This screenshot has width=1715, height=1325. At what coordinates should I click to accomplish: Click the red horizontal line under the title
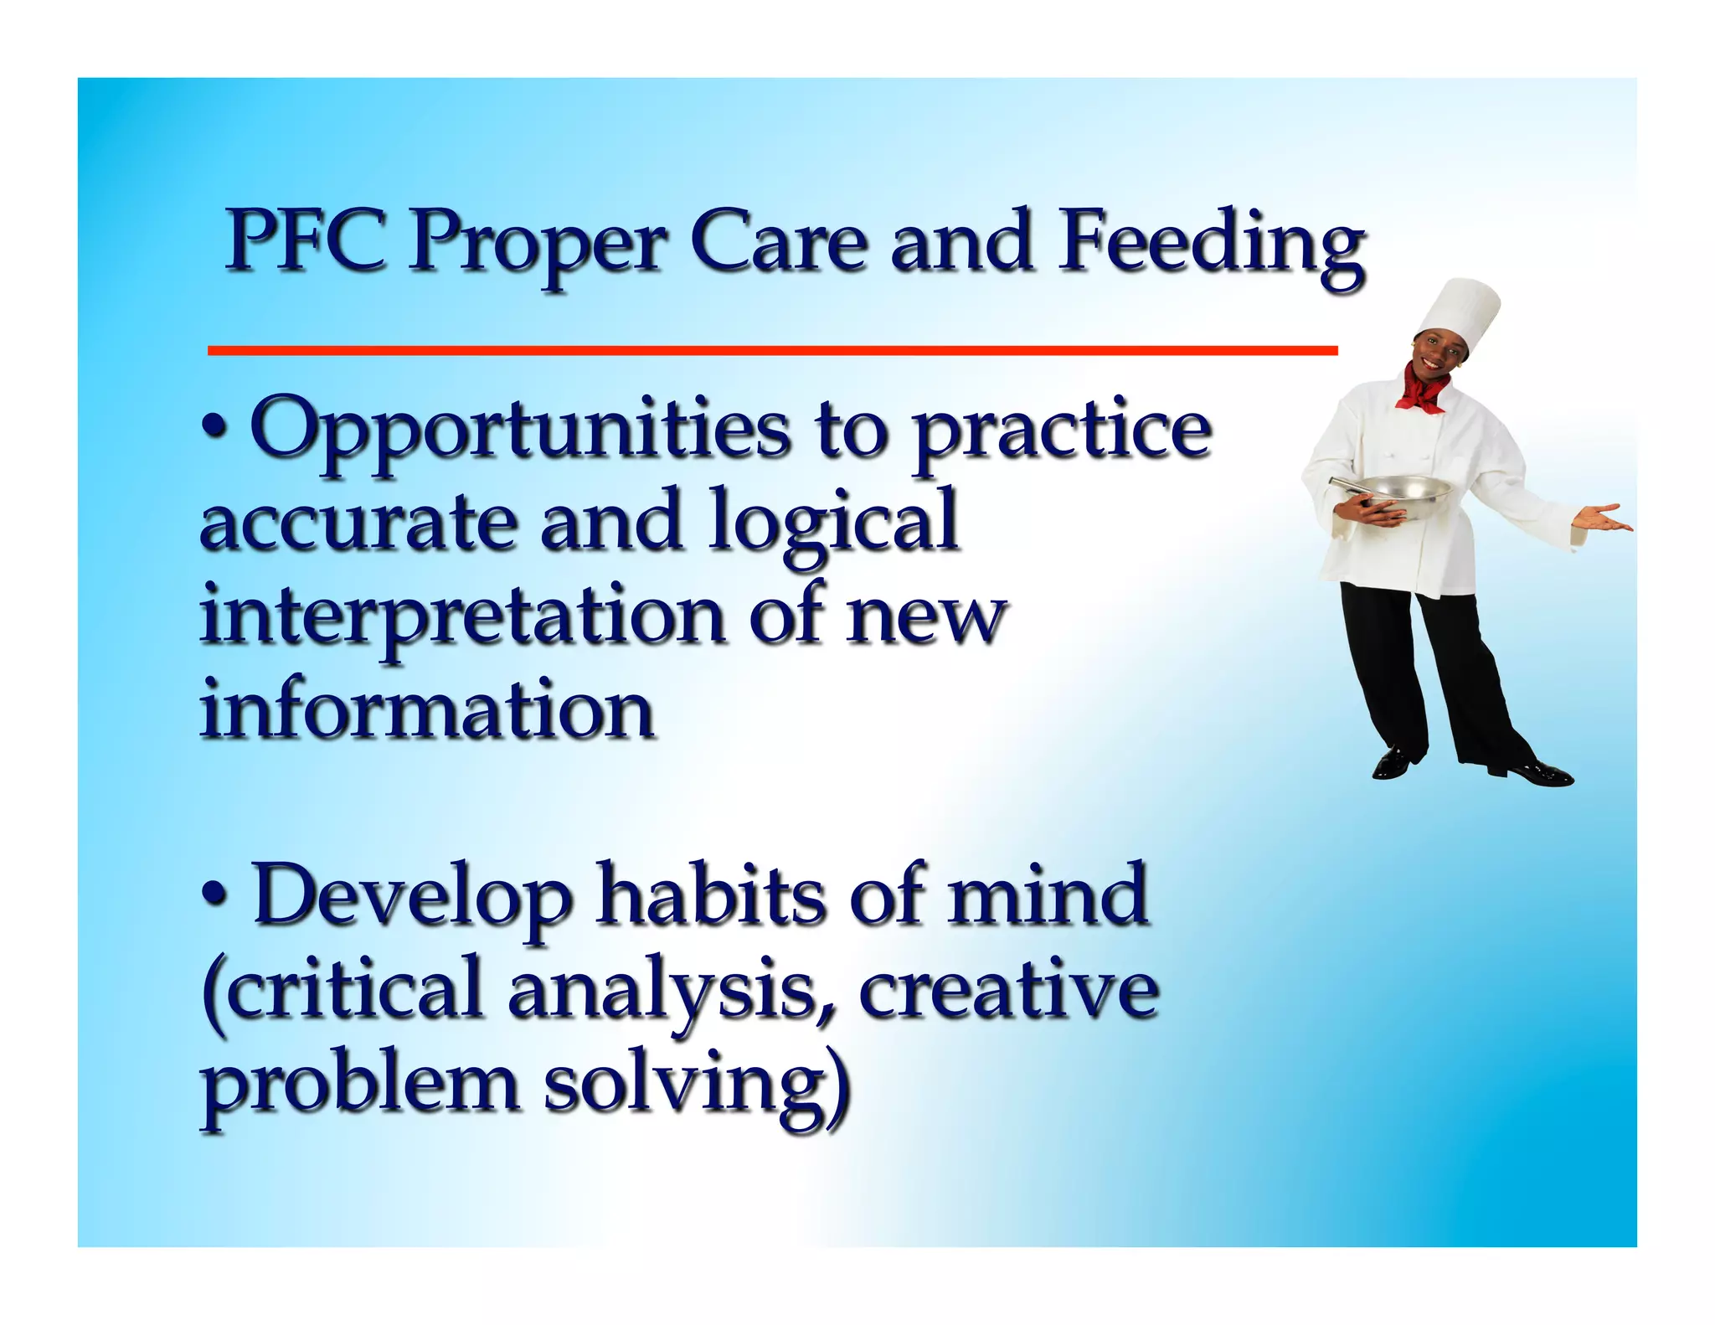(x=771, y=351)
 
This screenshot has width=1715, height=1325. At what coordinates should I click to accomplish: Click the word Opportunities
(x=519, y=432)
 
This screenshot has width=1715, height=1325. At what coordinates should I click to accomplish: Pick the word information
(x=427, y=710)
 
